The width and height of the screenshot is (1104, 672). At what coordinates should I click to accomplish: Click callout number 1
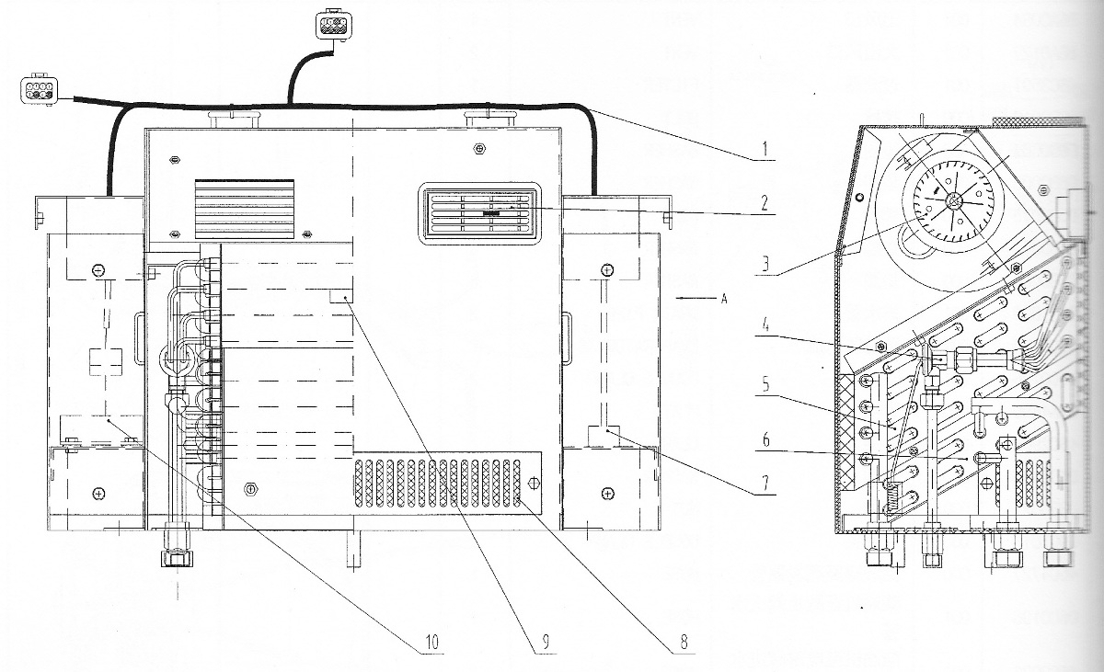point(765,149)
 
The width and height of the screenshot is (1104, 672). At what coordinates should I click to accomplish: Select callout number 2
point(765,204)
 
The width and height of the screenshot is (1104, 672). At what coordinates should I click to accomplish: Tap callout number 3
point(765,265)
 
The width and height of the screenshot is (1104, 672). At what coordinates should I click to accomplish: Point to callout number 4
point(765,326)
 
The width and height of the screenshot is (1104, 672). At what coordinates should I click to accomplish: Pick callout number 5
point(765,384)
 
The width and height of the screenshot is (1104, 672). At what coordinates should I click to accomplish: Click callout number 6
point(765,439)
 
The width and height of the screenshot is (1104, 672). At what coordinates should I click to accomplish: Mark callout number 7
point(765,483)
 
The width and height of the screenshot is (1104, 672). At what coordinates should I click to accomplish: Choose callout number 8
point(683,641)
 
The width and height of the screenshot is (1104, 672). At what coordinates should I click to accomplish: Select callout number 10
point(431,641)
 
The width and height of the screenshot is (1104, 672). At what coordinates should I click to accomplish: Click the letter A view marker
point(724,299)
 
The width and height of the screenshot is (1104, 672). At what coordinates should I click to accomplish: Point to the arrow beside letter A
point(696,298)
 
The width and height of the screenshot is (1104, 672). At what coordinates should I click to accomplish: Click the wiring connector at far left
point(39,91)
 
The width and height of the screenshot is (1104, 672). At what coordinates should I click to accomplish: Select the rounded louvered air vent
point(479,213)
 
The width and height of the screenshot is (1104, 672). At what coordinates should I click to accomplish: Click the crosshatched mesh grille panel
point(438,484)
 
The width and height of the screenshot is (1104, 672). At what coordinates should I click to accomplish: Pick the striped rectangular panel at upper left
point(245,209)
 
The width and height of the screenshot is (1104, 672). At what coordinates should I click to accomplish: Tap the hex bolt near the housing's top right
point(477,148)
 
